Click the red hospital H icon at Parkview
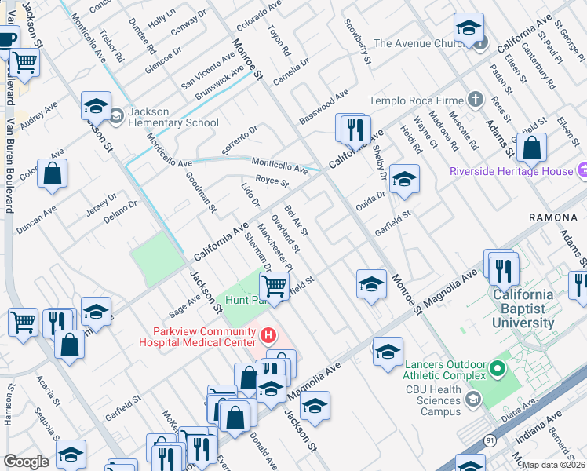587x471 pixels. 268,336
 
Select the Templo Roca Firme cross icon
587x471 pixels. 475,100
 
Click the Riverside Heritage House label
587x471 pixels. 510,171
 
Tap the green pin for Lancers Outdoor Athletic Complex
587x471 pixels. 496,367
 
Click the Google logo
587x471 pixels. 26,462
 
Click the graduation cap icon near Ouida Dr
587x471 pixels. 404,178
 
